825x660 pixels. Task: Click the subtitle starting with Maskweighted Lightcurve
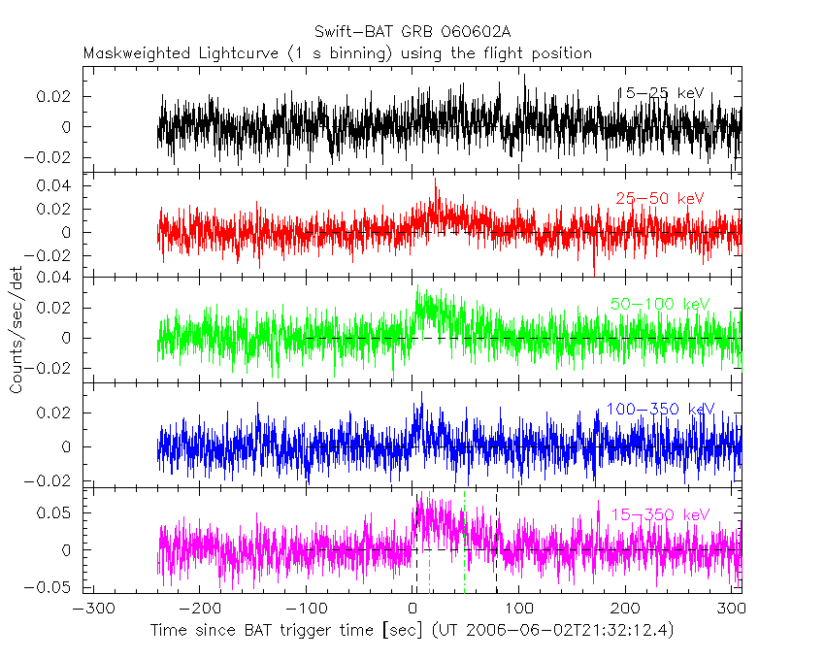[338, 53]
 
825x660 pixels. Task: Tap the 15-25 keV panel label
[660, 93]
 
